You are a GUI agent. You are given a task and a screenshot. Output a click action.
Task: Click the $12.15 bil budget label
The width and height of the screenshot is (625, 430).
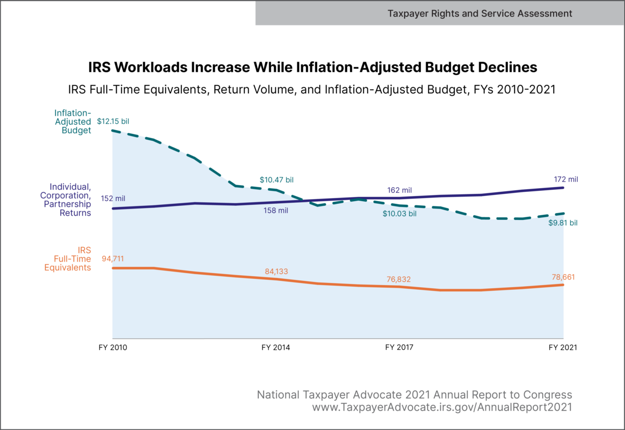pos(113,121)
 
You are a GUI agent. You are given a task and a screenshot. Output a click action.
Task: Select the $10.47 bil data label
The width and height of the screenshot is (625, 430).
pos(277,180)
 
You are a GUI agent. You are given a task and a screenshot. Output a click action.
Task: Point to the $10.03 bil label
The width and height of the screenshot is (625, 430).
pos(400,214)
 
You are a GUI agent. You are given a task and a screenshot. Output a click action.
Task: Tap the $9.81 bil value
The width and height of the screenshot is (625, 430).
pos(562,223)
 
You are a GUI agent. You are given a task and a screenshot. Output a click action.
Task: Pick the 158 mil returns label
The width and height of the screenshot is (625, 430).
pos(276,211)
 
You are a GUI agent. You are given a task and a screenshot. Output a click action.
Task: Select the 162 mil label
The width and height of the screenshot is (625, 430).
pos(399,190)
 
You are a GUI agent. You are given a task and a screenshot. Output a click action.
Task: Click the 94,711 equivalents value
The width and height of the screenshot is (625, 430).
pos(113,259)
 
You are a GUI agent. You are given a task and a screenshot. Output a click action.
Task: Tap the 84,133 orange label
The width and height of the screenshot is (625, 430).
pos(276,272)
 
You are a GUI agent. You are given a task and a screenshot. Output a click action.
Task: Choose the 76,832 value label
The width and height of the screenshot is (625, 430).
pos(399,279)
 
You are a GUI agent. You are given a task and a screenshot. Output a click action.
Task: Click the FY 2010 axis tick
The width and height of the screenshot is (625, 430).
pos(113,347)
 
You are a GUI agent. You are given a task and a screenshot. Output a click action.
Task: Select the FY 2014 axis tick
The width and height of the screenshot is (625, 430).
pos(276,347)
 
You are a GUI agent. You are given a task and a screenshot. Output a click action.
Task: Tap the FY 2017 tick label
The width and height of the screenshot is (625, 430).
pos(399,347)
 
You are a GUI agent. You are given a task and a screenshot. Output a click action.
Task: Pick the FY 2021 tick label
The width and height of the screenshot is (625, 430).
pos(564,347)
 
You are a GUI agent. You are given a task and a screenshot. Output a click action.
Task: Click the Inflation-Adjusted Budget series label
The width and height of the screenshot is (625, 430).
pos(73,121)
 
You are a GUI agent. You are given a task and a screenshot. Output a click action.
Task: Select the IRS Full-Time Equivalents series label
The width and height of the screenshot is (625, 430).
pos(74,259)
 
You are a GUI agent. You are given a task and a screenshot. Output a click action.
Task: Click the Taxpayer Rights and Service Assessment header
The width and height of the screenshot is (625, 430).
pos(480,13)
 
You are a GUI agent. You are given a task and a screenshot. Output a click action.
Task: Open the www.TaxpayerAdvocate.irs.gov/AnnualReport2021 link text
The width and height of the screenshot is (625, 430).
pos(442,407)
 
